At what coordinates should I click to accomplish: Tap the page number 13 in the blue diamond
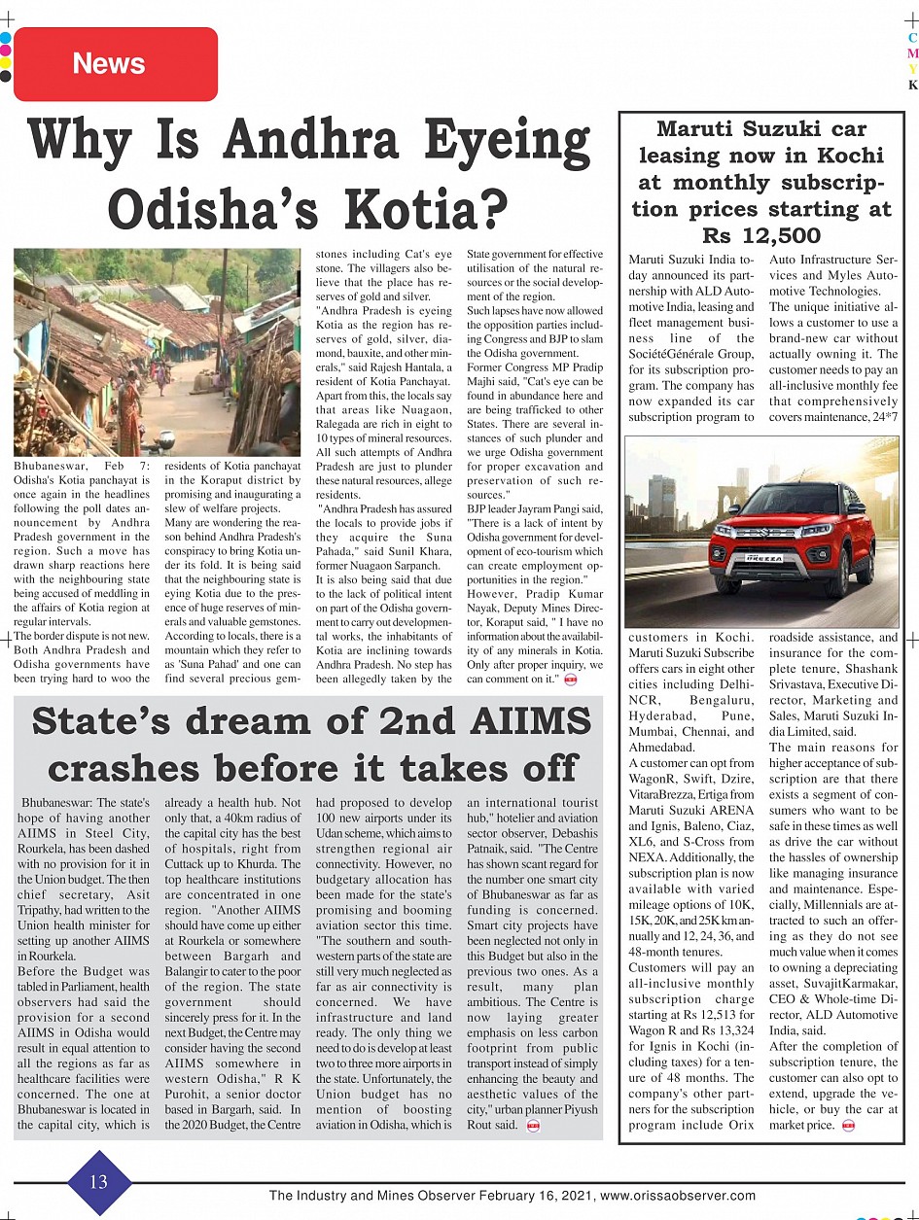tap(99, 1182)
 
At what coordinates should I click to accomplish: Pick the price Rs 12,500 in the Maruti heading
tap(761, 235)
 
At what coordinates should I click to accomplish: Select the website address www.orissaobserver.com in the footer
tap(678, 1195)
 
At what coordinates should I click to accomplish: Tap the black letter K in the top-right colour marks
tap(912, 86)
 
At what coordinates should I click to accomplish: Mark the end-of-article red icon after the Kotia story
tap(571, 679)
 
